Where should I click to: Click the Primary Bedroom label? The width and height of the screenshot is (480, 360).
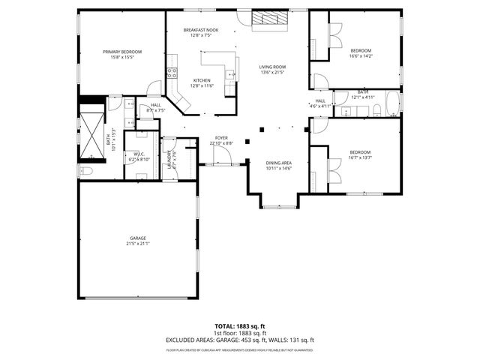tap(122, 52)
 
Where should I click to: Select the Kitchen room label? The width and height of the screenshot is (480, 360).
tap(202, 81)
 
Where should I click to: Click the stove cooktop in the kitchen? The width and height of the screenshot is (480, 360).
tap(172, 73)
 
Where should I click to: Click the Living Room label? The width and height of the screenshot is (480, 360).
tap(272, 67)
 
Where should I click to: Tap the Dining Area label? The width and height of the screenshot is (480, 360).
tap(279, 163)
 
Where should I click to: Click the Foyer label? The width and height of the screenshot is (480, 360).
tap(221, 138)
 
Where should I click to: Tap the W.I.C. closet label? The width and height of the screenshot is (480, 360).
tap(139, 154)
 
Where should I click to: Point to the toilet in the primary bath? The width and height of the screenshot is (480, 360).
tap(85, 171)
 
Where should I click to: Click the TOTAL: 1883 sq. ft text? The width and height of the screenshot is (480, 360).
tap(240, 326)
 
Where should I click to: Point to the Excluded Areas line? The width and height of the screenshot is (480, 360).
tap(240, 340)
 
